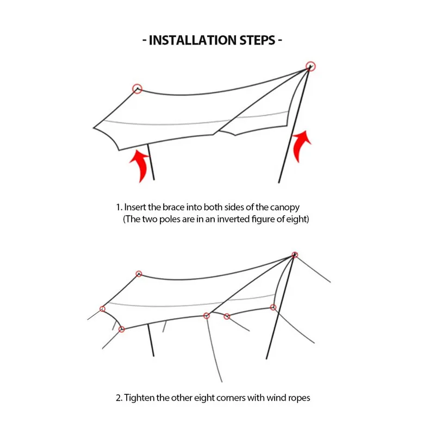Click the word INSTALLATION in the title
tap(192, 40)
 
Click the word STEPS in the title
tap(257, 40)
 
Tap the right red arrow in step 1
tap(302, 145)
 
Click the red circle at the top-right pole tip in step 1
tap(310, 66)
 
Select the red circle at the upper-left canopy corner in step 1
tap(137, 89)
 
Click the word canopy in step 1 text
tap(285, 208)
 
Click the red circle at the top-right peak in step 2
tap(295, 254)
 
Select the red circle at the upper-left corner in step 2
tap(139, 274)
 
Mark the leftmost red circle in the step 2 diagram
tap(102, 309)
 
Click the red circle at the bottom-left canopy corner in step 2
tap(121, 330)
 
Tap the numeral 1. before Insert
tap(119, 208)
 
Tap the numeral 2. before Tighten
tap(119, 398)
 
